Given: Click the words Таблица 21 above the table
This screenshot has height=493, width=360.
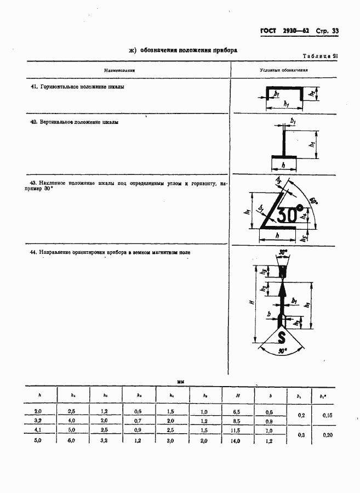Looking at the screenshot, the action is pyautogui.click(x=320, y=56).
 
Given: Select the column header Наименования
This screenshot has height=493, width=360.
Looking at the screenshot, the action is pyautogui.click(x=120, y=71).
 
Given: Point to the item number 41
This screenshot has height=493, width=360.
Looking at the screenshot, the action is pyautogui.click(x=33, y=87).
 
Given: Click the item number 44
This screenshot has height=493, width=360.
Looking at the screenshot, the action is pyautogui.click(x=33, y=252).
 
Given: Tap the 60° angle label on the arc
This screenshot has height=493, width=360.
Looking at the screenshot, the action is pyautogui.click(x=313, y=200).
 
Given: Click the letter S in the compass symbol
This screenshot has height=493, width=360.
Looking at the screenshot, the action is pyautogui.click(x=282, y=336).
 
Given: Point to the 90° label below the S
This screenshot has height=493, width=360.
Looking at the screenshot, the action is pyautogui.click(x=282, y=350).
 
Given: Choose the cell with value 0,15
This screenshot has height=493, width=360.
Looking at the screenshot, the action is pyautogui.click(x=327, y=416).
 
